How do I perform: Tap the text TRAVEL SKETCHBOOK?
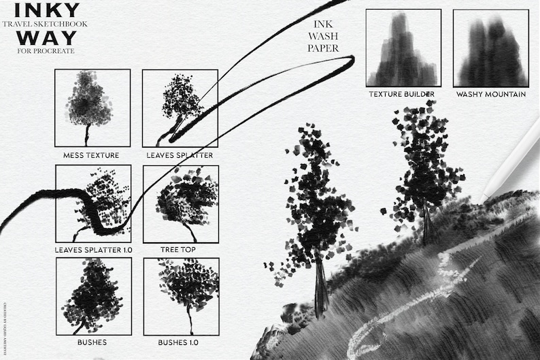[x=45, y=24]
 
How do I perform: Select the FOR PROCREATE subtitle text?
[x=45, y=51]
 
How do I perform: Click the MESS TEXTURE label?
[x=91, y=155]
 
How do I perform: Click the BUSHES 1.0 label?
[x=180, y=342]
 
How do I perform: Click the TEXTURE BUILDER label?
[x=401, y=94]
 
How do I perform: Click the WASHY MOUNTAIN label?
[x=491, y=94]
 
